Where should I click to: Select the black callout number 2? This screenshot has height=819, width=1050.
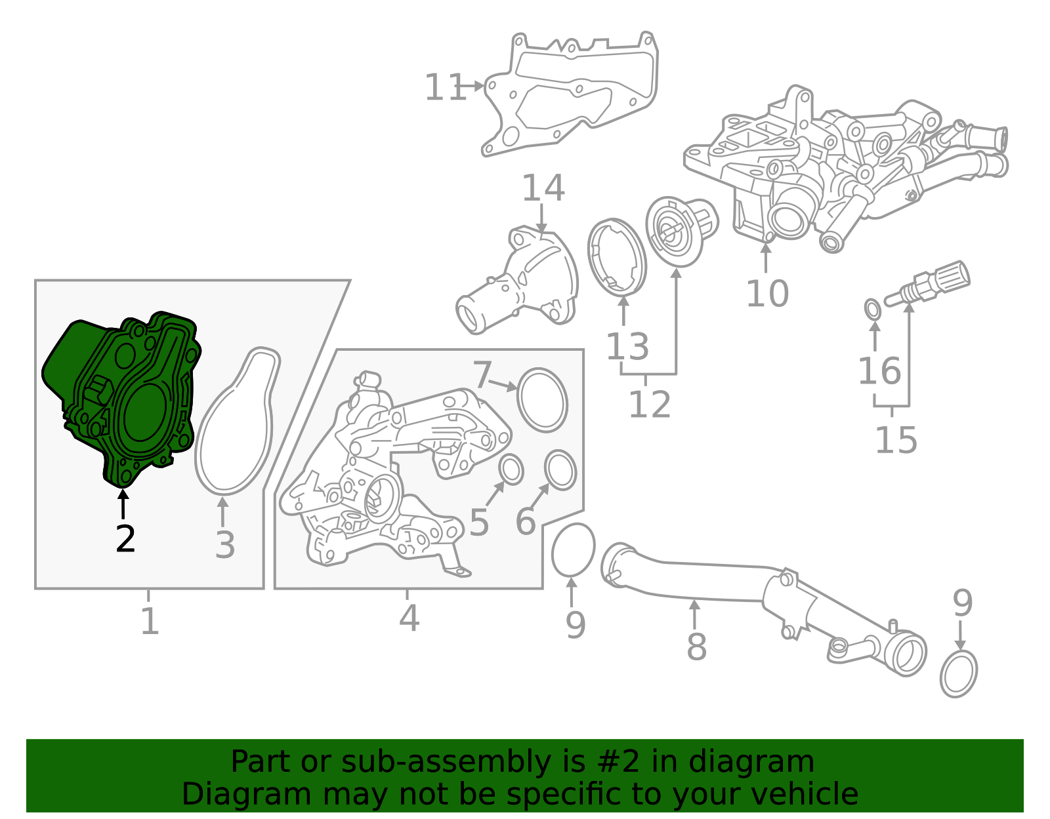click(x=125, y=539)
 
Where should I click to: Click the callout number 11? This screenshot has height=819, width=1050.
click(x=445, y=88)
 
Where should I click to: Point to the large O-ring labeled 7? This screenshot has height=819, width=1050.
click(x=542, y=400)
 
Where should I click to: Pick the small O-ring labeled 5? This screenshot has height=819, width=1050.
click(x=511, y=470)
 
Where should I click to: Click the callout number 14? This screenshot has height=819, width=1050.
click(x=543, y=188)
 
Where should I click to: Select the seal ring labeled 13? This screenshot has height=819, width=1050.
click(x=617, y=256)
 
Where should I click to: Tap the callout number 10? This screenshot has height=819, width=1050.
click(x=766, y=293)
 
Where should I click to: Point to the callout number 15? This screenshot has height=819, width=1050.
click(x=896, y=439)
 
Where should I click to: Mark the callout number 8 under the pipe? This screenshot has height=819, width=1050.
click(x=696, y=647)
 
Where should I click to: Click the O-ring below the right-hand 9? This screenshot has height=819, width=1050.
click(x=958, y=673)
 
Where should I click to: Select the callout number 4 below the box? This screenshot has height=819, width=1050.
click(x=409, y=618)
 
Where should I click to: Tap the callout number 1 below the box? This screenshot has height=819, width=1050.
click(x=150, y=620)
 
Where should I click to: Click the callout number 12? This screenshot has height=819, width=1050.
click(x=649, y=405)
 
